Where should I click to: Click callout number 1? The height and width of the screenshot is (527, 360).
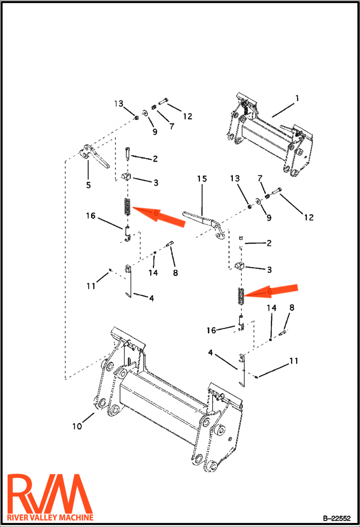pyautogui.click(x=297, y=98)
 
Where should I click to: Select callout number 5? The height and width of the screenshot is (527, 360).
pyautogui.click(x=88, y=184)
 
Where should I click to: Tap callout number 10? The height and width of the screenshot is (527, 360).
pyautogui.click(x=77, y=426)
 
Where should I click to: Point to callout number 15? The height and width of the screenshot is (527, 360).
pyautogui.click(x=201, y=179)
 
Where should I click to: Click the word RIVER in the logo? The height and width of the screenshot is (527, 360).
pyautogui.click(x=19, y=517)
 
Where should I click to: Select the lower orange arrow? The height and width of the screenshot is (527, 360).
pyautogui.click(x=270, y=291)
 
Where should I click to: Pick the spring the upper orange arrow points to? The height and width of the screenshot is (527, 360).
pyautogui.click(x=127, y=207)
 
